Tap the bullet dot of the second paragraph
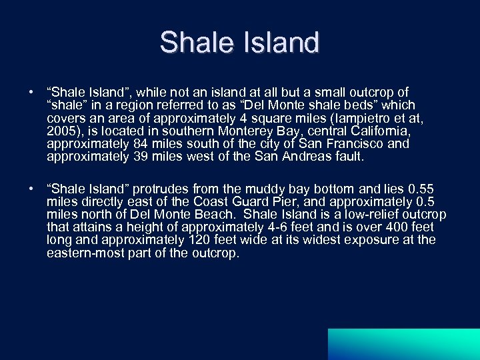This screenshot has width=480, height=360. pyautogui.click(x=31, y=189)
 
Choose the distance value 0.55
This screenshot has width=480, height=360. pyautogui.click(x=423, y=188)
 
